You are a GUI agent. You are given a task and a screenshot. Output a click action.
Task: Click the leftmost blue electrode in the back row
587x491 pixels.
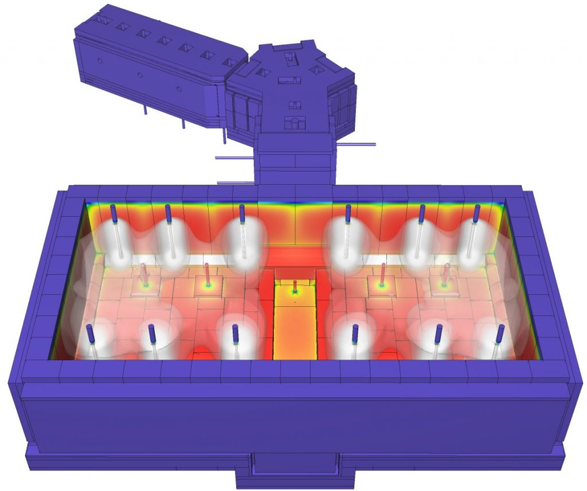[x=114, y=214]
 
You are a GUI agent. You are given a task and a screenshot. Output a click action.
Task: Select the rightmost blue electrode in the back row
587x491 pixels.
[x=477, y=215]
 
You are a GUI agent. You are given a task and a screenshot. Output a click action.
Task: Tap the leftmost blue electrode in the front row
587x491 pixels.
[x=89, y=334]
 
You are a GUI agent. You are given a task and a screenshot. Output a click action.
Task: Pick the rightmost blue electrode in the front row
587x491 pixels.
[x=500, y=334]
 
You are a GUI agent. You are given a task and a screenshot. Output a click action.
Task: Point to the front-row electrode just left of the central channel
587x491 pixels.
[x=234, y=333]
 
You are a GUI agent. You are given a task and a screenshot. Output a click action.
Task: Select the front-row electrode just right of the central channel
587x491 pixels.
[x=355, y=334]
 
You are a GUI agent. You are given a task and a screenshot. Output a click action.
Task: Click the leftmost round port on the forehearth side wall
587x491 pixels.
[x=100, y=60]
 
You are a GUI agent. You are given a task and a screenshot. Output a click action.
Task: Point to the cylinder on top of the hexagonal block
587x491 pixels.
[x=294, y=122]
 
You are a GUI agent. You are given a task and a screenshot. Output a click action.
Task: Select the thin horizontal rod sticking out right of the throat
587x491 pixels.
[x=359, y=143]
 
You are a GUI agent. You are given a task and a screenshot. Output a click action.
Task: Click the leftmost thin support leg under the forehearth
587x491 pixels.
[x=143, y=110]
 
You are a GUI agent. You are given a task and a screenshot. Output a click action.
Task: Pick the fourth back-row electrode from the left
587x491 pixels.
[x=348, y=214]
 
